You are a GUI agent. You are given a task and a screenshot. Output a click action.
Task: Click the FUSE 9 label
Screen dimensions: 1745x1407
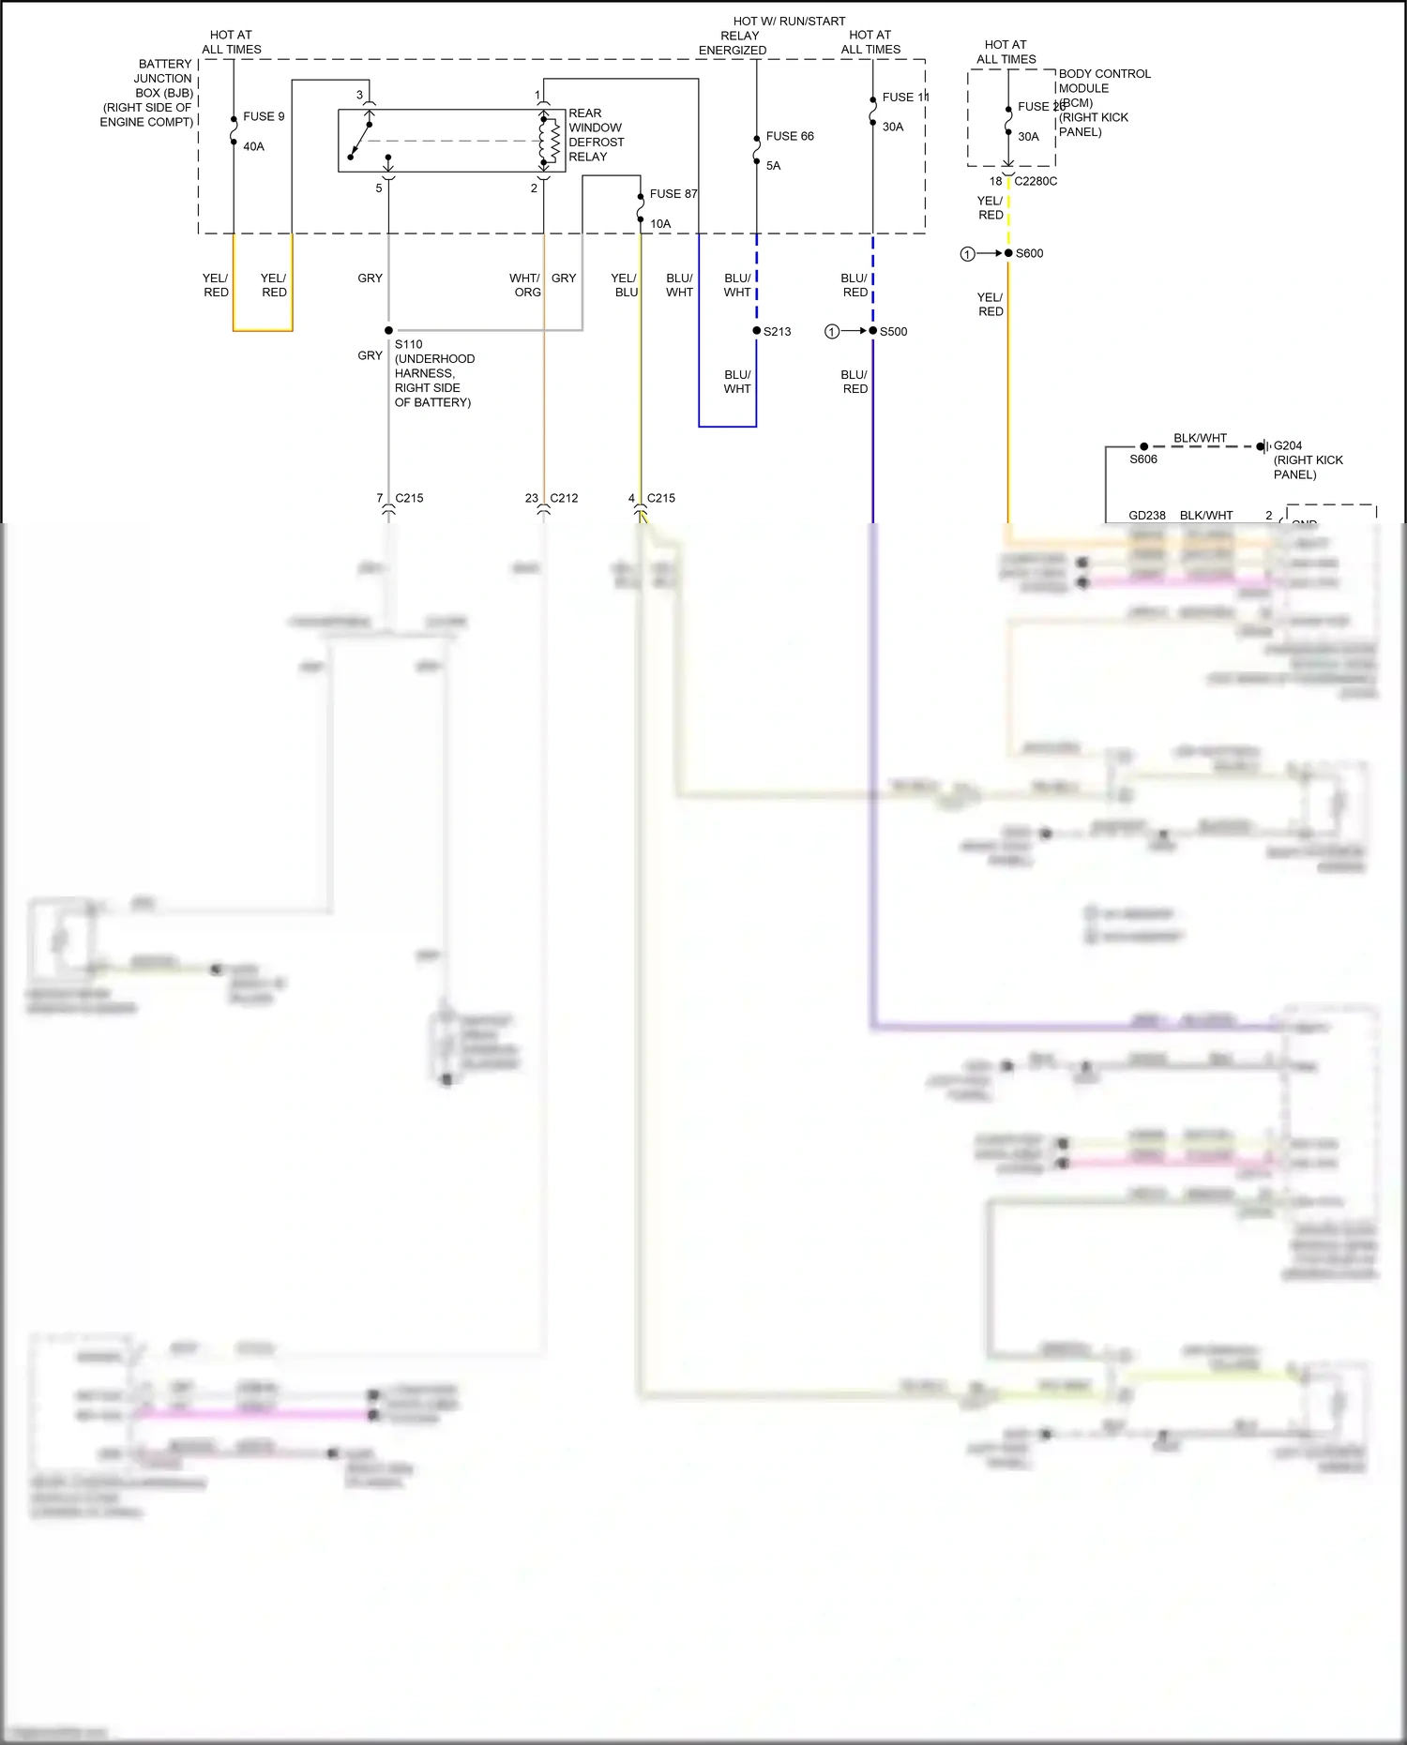pyautogui.click(x=264, y=116)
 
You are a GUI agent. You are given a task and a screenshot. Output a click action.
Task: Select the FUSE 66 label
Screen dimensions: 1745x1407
pyautogui.click(x=789, y=136)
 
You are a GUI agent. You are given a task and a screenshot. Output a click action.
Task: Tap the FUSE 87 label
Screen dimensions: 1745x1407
pyautogui.click(x=673, y=194)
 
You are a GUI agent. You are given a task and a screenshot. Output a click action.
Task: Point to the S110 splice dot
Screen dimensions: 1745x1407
pyautogui.click(x=388, y=330)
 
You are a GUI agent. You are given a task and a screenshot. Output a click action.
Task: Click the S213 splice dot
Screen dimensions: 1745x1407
pyautogui.click(x=757, y=331)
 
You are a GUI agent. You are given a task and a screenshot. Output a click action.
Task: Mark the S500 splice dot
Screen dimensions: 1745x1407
pyautogui.click(x=873, y=331)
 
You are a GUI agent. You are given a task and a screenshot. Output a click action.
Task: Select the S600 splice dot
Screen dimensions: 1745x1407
pyautogui.click(x=1008, y=253)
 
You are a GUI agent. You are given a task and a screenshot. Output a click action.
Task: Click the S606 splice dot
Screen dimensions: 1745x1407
pyautogui.click(x=1143, y=446)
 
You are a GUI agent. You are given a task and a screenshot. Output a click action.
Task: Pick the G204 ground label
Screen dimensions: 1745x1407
pyautogui.click(x=1287, y=445)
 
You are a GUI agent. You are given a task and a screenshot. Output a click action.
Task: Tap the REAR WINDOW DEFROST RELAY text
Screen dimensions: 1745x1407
pyautogui.click(x=595, y=135)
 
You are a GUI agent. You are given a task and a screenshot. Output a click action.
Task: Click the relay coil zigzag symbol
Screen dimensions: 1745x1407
pyautogui.click(x=553, y=141)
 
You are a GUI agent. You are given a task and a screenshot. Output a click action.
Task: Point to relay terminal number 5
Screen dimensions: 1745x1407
pyautogui.click(x=379, y=188)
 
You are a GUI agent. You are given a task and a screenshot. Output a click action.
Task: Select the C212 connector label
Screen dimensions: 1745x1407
pyautogui.click(x=564, y=498)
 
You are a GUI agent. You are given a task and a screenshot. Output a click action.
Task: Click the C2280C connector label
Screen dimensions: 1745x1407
pyautogui.click(x=1036, y=181)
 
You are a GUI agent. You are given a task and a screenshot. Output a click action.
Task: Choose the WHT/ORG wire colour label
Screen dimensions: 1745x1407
pyautogui.click(x=525, y=285)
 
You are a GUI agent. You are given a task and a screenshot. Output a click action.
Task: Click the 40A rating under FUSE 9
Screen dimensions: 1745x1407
pyautogui.click(x=253, y=146)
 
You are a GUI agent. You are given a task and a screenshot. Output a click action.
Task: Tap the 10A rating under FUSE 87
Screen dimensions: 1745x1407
pyautogui.click(x=660, y=224)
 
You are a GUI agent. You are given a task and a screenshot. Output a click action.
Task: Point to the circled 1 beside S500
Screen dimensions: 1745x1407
pyautogui.click(x=832, y=331)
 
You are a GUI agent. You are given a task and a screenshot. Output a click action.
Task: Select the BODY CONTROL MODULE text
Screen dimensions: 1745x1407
pyautogui.click(x=1104, y=81)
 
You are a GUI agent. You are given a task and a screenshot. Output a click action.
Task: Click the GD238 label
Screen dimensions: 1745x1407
pyautogui.click(x=1146, y=516)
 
